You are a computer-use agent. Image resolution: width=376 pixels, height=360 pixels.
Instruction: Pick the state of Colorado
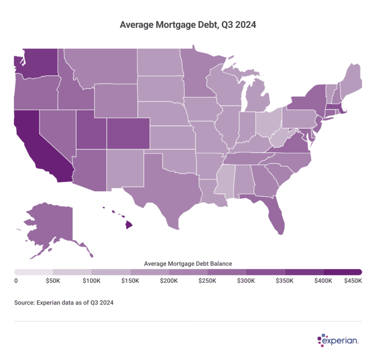tap(128, 133)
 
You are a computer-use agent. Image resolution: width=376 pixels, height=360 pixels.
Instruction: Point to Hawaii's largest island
tap(129, 225)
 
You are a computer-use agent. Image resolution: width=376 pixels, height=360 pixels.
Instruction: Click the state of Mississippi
tap(225, 180)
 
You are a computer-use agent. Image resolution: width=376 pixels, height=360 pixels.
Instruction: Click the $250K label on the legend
tap(207, 281)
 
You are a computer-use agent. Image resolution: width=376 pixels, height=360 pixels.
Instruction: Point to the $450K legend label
tap(353, 281)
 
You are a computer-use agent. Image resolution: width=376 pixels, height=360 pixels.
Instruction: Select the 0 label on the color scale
tap(16, 281)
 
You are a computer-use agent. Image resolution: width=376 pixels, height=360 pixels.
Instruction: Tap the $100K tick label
tap(91, 281)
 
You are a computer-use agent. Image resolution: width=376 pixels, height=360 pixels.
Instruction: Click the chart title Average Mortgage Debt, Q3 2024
tap(188, 25)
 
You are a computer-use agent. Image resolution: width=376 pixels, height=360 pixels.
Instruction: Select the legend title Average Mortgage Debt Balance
tap(188, 264)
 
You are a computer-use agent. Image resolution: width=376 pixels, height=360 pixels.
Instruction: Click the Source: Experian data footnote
tap(64, 302)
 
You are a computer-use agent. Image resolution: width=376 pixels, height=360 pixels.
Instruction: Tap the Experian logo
tap(338, 340)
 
